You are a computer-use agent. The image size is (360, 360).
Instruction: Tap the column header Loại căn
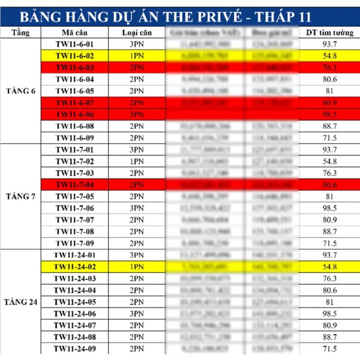pos(137,33)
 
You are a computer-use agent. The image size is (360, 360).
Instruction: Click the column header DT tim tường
pos(329,33)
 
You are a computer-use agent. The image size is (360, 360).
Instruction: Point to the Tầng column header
pos(21,33)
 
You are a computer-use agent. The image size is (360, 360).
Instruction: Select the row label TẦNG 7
pos(21,196)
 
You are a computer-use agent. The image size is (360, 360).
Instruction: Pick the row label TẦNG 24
pos(21,302)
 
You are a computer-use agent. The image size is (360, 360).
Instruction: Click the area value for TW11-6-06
pos(329,114)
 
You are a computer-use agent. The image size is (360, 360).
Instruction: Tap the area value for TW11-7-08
pos(329,231)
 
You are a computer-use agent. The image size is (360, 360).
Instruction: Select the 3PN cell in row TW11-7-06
pos(137,208)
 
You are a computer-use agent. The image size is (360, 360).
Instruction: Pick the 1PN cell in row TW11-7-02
pos(137,161)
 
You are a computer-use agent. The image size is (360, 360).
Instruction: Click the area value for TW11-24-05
pos(329,302)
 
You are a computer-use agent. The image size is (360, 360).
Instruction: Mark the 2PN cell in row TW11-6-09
pos(137,138)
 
